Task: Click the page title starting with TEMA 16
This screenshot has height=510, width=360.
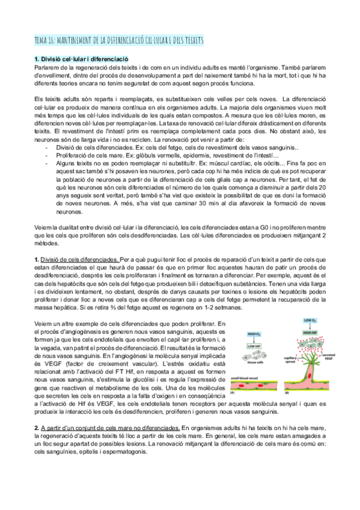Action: click(x=120, y=40)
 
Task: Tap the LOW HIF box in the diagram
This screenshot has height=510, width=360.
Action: click(x=254, y=346)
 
